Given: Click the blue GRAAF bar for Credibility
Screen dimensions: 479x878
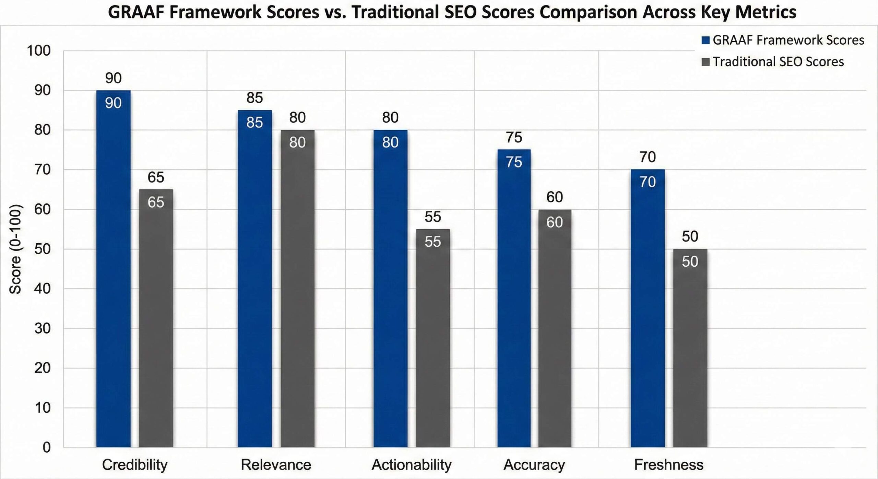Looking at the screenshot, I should (113, 274).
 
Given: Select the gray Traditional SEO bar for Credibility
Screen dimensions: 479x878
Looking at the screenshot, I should (156, 326).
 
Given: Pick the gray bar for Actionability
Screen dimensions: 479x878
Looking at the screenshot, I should (433, 343).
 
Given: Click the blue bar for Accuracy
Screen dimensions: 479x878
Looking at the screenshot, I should (514, 302).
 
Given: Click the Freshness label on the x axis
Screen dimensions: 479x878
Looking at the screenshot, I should (668, 465).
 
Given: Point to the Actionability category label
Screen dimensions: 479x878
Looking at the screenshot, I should (411, 465).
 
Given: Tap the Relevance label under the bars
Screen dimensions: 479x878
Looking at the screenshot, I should (276, 465).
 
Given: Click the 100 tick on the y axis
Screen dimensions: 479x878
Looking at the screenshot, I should (38, 51).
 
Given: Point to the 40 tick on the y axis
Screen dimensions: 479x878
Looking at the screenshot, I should (42, 289).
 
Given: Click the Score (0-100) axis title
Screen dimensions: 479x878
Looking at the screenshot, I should (15, 249).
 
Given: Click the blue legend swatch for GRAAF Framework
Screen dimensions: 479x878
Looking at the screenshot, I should (705, 40).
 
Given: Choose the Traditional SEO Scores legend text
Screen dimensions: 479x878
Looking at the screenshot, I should (778, 62).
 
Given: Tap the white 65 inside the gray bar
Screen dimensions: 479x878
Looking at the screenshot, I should (156, 202).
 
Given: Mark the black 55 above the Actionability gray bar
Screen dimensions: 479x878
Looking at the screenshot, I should (432, 217).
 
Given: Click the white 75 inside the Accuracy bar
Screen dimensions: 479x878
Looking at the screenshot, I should (514, 162).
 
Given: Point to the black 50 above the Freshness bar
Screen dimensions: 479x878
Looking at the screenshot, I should (690, 236).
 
